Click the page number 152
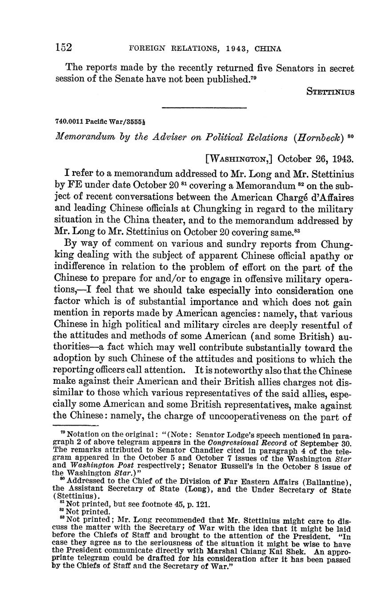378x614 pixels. (x=64, y=48)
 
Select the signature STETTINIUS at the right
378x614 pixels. (x=330, y=92)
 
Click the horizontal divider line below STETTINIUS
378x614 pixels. (x=204, y=107)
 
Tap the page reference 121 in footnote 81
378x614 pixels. (x=202, y=504)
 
